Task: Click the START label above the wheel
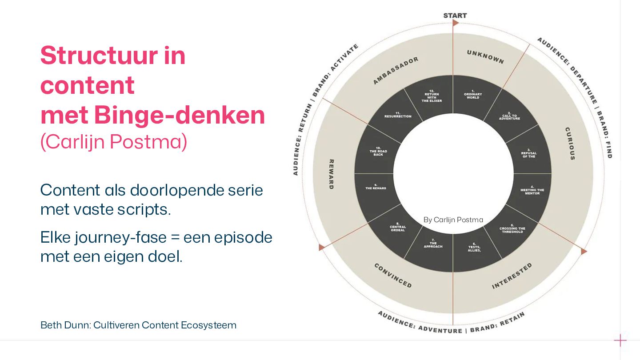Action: point(455,16)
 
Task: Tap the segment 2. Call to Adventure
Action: point(509,116)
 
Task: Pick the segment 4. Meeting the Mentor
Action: point(532,191)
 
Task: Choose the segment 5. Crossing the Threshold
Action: point(512,229)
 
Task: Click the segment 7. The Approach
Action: point(433,244)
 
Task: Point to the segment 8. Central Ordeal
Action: point(398,227)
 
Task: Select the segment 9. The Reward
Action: point(376,187)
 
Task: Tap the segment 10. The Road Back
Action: point(378,152)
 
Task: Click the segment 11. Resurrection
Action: point(398,116)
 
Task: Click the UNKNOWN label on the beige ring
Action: point(485,57)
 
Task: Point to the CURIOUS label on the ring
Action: point(570,144)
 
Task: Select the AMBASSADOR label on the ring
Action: point(396,70)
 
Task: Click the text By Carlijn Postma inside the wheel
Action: point(453,220)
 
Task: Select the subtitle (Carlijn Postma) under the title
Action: point(113,142)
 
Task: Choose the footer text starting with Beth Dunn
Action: point(138,325)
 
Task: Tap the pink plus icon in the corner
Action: point(620,340)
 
